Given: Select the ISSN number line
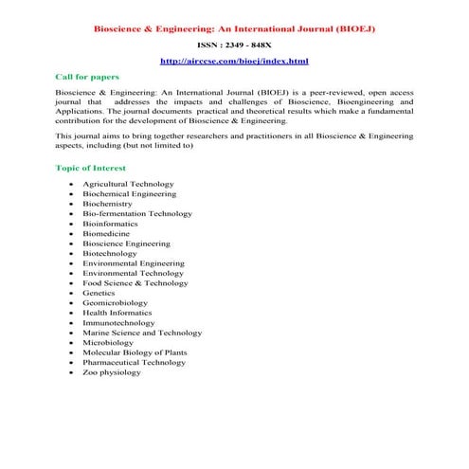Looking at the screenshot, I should coord(234,45).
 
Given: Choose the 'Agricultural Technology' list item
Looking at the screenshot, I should coord(128,183).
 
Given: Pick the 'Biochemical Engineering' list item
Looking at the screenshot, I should coord(129,193).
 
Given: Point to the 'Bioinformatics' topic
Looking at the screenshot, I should coord(111,224).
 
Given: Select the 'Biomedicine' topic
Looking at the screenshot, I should coord(106,233).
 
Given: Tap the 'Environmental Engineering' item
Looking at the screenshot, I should coord(133,263).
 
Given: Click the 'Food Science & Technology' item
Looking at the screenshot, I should coord(135,283).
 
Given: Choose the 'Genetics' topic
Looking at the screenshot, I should coord(99,294).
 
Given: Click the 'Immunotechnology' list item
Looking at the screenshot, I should coord(117,323).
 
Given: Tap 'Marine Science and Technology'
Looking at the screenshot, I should coord(142,334).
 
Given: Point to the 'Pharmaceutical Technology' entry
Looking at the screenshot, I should coord(134,363).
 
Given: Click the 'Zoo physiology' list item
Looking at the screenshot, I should coord(111,372).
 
